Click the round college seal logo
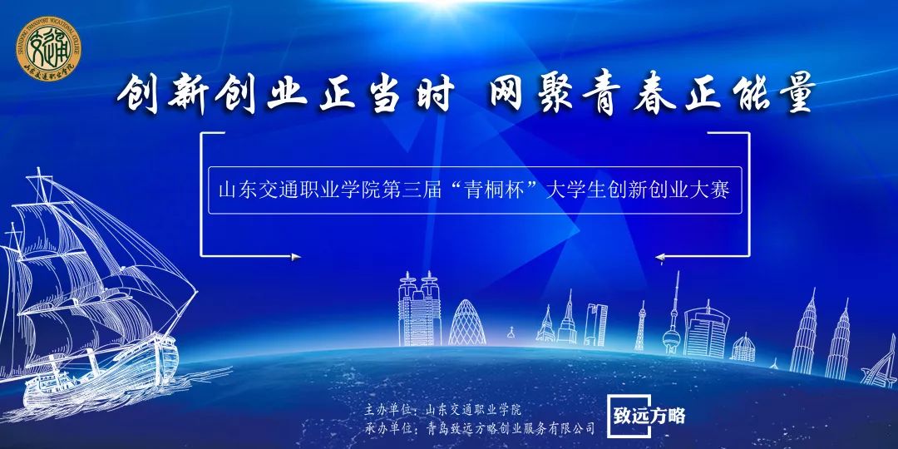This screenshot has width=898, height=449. (x=49, y=48)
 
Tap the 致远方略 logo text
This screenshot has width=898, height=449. (x=649, y=416)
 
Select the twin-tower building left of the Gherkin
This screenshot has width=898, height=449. (x=420, y=308)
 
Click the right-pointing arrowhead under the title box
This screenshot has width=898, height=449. (x=295, y=257)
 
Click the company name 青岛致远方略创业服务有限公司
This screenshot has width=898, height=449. (x=511, y=428)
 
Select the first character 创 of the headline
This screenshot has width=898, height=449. (x=138, y=93)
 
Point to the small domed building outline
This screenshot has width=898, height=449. (x=743, y=348)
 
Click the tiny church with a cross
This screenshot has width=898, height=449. (x=511, y=334)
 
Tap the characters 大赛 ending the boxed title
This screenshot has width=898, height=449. (x=712, y=190)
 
